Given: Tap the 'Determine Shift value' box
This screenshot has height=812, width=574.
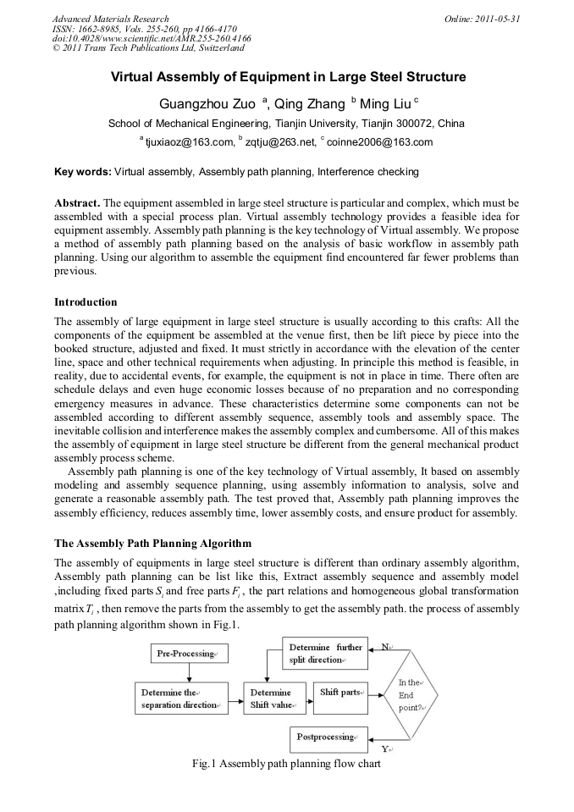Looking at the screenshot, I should [x=272, y=699].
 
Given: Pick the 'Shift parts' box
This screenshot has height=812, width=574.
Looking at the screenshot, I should [x=339, y=693].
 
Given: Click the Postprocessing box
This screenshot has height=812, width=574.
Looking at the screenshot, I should [x=329, y=737].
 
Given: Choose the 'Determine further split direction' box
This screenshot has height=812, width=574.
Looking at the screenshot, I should [x=324, y=654].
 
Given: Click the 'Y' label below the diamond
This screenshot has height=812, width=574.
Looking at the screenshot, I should [x=386, y=749].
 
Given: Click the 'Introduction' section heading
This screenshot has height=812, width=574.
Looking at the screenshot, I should [x=86, y=302].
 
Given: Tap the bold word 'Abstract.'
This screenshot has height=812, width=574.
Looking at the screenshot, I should [x=77, y=204].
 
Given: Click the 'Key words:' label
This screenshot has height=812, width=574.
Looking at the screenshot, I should [x=82, y=172].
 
